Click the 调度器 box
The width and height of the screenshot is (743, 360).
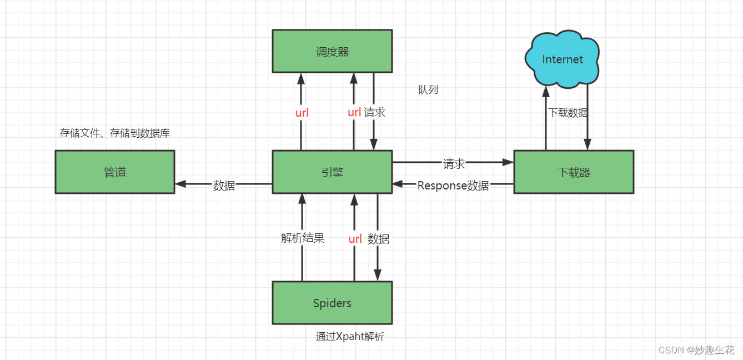tap(332, 51)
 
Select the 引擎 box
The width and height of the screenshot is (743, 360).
tap(332, 172)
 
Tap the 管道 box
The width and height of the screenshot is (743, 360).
tap(115, 172)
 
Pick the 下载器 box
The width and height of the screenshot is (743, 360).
tap(574, 172)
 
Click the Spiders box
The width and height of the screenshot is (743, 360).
tap(332, 303)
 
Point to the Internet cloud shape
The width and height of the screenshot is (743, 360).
tap(562, 59)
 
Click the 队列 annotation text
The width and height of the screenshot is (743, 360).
tap(428, 89)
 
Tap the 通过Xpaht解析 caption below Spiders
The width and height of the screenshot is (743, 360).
tap(350, 337)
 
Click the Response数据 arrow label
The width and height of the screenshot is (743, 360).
tap(453, 186)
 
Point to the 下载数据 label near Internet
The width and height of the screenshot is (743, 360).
tap(568, 113)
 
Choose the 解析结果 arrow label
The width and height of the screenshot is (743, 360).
tap(303, 238)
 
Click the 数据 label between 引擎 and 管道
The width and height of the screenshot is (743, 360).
tap(224, 186)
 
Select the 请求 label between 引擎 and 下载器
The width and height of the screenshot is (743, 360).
tap(454, 164)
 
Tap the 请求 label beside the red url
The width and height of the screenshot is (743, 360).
tap(374, 112)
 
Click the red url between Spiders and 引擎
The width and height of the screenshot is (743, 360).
tap(355, 239)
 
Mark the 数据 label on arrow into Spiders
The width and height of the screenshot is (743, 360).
tap(379, 239)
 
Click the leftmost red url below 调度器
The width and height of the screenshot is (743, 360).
tap(302, 113)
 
